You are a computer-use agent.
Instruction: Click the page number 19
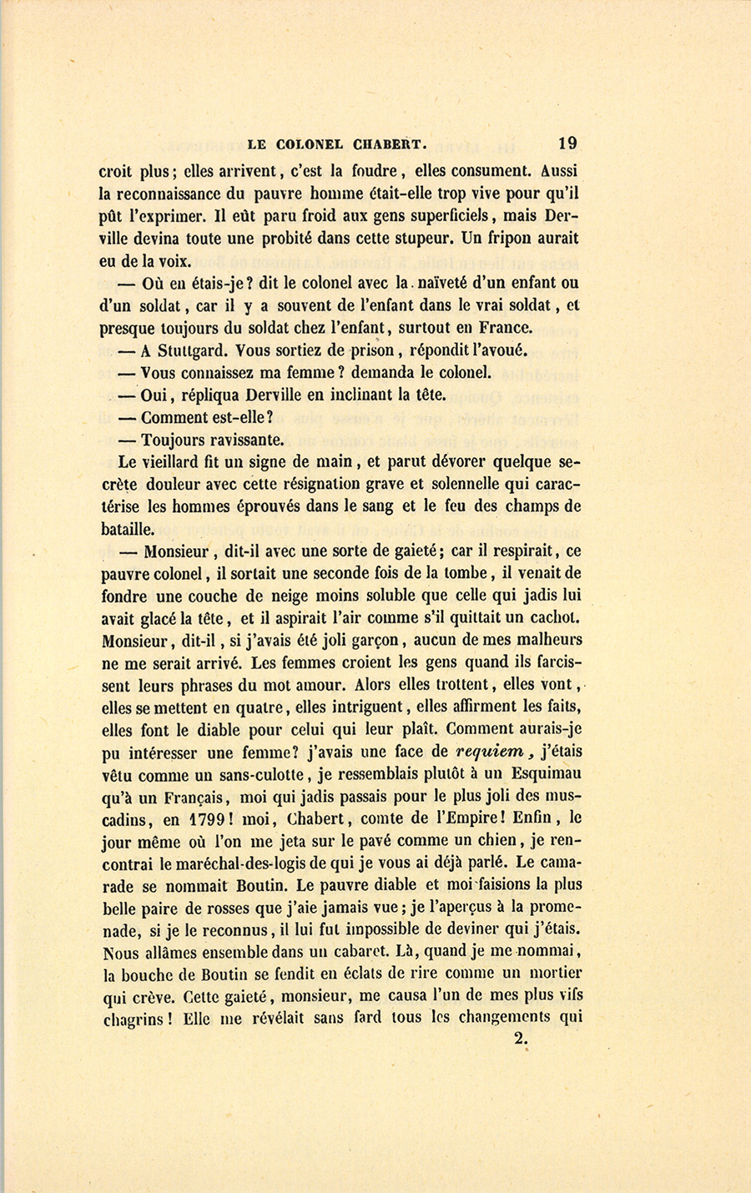point(568,143)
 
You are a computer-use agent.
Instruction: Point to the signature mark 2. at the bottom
point(522,1039)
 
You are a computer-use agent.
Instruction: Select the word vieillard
point(170,461)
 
